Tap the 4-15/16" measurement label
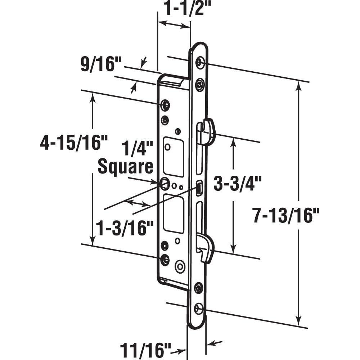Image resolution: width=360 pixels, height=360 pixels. pos(74,143)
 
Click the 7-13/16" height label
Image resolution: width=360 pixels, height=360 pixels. pos(286,216)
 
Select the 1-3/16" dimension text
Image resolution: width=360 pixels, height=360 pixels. pos(125,228)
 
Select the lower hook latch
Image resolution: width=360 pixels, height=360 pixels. pos(206,247)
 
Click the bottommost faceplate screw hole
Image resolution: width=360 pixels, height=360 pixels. pos(198,309)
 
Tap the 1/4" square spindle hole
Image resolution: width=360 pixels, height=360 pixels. pos(165,183)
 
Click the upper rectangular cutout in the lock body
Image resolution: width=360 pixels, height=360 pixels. pos(174,157)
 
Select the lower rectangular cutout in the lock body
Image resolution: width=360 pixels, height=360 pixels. pos(174,213)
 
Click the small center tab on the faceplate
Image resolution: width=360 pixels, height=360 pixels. pos(199,189)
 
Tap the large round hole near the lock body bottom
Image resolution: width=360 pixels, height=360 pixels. pos(180,267)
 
